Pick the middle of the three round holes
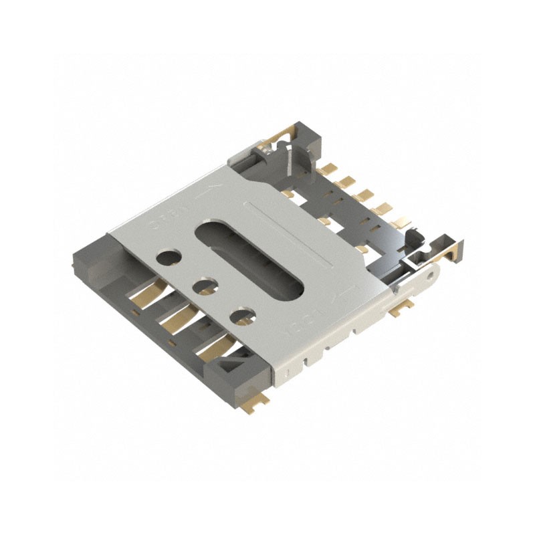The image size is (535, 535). [x=206, y=286]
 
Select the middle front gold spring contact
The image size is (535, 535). [x=179, y=313]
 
